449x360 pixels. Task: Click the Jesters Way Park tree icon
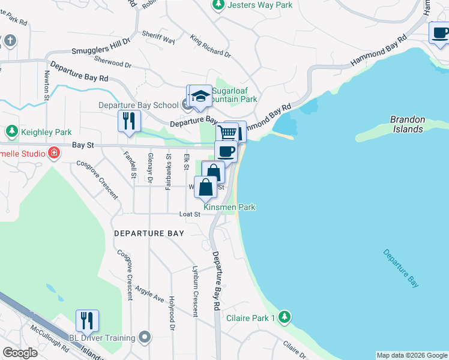point(218,5)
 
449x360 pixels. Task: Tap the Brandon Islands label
point(408,124)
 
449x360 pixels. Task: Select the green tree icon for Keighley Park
point(11,131)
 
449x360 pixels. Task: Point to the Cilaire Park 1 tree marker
point(285,317)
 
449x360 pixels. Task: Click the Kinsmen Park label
point(229,207)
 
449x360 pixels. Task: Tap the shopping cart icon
point(228,133)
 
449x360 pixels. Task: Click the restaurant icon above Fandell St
point(129,121)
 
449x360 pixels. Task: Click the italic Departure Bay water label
point(401,267)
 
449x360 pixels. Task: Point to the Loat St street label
point(189,214)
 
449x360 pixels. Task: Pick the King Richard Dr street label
point(211,46)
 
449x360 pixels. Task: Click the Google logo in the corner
point(20,353)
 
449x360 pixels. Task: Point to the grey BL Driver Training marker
point(144,338)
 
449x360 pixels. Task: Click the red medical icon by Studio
point(54,153)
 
